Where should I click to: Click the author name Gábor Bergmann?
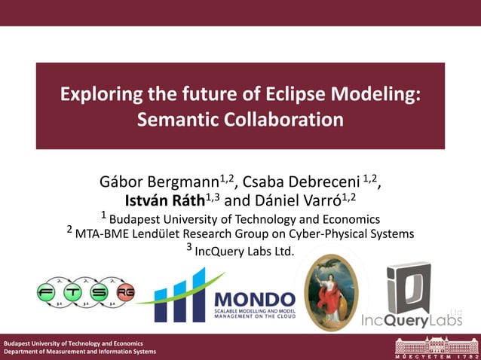pos(159,183)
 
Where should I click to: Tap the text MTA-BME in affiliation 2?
pos(105,234)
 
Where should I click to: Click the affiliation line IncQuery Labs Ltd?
pos(244,251)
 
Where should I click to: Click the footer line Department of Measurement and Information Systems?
pos(80,352)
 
